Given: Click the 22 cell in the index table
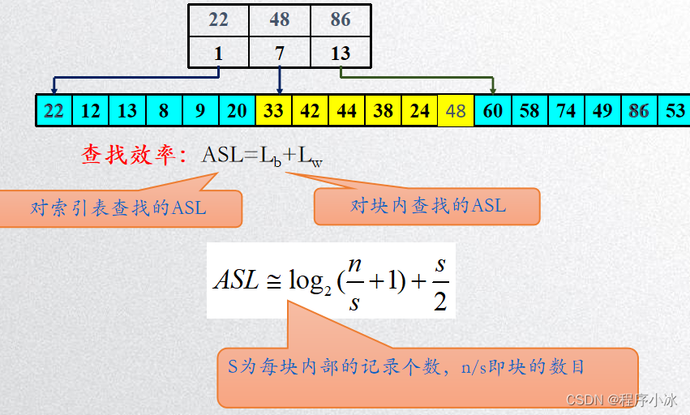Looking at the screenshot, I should [219, 20].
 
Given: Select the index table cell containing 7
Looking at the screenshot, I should [280, 53].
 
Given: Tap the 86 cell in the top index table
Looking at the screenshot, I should [341, 20].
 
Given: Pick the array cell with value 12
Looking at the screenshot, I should [91, 110].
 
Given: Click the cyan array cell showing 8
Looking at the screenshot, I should [164, 110].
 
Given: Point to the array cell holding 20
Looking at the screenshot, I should [237, 110].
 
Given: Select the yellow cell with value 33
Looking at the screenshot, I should [273, 110].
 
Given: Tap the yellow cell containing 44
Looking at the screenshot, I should [347, 110].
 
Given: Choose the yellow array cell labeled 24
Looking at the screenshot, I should [420, 110].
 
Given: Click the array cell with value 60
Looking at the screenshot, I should [493, 110].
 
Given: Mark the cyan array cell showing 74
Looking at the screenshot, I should [566, 110].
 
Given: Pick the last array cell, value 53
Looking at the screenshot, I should [675, 110].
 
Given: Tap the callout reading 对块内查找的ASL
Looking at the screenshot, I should [427, 206].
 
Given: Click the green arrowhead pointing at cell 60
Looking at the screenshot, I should [493, 90].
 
